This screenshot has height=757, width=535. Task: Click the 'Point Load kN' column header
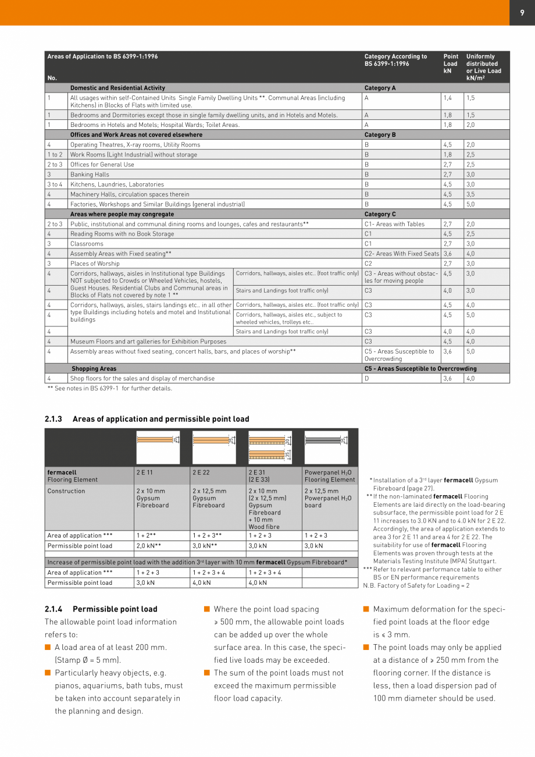(x=451, y=64)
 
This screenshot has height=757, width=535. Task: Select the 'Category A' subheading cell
(x=380, y=88)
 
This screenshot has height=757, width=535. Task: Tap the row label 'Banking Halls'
(x=90, y=175)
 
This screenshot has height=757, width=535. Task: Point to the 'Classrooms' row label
(x=87, y=244)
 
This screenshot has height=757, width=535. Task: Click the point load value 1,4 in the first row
(x=448, y=98)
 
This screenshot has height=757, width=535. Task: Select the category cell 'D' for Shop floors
(x=367, y=378)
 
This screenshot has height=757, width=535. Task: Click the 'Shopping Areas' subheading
(x=94, y=368)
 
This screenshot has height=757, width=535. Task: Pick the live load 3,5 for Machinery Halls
(x=470, y=194)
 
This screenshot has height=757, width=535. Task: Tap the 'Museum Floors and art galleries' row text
(x=148, y=342)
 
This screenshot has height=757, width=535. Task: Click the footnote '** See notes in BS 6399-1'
(x=109, y=389)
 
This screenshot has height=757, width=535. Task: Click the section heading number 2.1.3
(x=53, y=419)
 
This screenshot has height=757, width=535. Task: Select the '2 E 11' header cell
(x=144, y=472)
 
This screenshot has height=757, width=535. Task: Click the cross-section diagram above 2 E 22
(x=214, y=447)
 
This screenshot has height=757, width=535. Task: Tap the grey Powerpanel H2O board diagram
(x=326, y=447)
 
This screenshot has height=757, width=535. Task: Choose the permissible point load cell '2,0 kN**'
(x=148, y=546)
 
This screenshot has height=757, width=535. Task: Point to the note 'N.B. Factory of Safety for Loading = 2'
(x=417, y=585)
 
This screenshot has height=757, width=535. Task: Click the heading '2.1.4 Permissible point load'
(x=101, y=609)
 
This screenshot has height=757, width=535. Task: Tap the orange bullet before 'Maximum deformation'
(x=366, y=609)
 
